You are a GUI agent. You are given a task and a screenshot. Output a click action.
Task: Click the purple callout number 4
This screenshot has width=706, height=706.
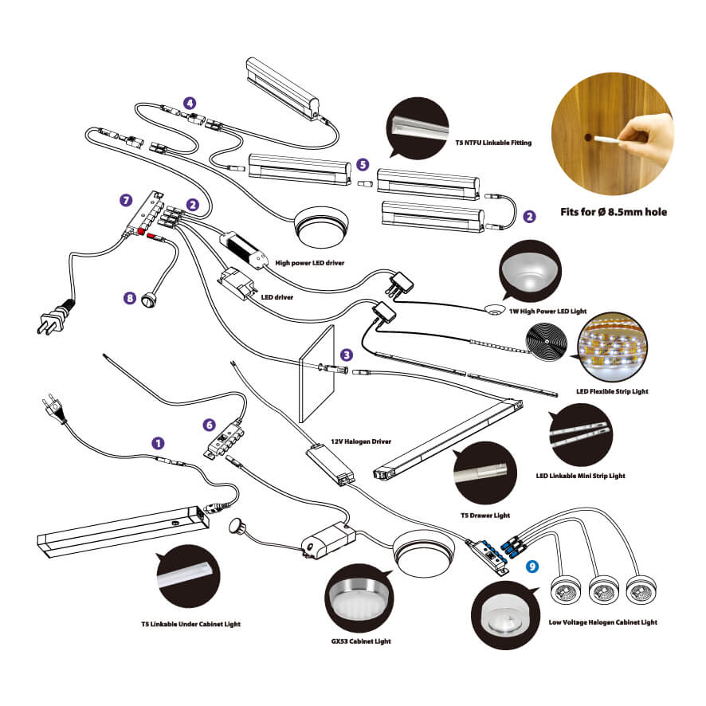click(189, 103)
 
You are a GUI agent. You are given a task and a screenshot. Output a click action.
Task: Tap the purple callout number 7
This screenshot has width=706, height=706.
click(124, 198)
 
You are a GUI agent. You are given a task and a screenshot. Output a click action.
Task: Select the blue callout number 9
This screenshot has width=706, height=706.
click(533, 567)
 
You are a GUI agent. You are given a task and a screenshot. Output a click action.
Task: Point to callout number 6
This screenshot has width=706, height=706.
click(210, 426)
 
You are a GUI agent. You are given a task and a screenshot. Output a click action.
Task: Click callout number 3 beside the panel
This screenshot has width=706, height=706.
click(346, 353)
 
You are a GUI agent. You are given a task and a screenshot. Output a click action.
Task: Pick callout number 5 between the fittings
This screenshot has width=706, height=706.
click(363, 164)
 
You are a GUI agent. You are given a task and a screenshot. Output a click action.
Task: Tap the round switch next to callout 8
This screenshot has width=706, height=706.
click(148, 300)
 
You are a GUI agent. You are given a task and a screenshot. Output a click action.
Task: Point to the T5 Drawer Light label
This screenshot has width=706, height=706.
click(485, 516)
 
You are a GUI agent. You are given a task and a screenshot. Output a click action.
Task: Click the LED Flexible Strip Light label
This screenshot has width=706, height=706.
click(612, 391)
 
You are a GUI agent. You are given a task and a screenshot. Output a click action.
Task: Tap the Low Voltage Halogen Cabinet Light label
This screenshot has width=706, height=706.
click(603, 622)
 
